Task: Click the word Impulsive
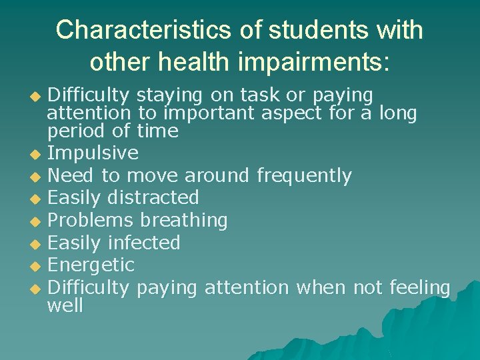(93, 153)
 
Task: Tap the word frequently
(304, 176)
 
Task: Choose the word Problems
(91, 220)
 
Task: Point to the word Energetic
(92, 265)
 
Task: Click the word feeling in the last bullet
(420, 287)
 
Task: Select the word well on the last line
(65, 306)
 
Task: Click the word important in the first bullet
(205, 114)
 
